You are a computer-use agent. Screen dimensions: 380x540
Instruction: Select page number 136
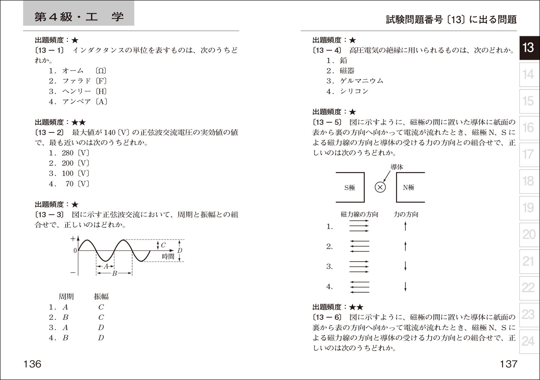point(32,364)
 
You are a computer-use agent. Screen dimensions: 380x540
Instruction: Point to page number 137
point(508,364)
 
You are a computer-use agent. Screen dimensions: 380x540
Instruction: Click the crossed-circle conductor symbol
point(380,187)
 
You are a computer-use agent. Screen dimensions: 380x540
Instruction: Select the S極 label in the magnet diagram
point(350,188)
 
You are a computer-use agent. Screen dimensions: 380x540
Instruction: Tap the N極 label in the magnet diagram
point(408,187)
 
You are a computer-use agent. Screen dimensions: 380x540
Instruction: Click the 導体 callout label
point(397,167)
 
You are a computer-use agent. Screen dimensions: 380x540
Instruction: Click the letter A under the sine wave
point(106,266)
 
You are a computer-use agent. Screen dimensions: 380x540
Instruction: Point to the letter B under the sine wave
point(114,273)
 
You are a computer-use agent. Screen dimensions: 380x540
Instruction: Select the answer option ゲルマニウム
point(362,81)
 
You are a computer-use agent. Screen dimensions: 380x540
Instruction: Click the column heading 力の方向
point(406,214)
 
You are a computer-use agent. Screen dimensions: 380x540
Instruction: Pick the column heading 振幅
point(101,296)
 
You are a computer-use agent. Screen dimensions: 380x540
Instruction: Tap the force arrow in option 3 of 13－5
point(405,266)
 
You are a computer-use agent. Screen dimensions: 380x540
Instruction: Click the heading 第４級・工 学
point(79,17)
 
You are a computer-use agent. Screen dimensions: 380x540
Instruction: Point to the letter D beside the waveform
point(180,251)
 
